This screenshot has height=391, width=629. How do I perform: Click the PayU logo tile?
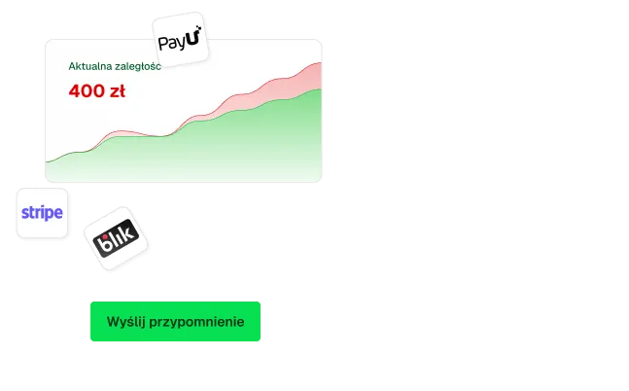[181, 39]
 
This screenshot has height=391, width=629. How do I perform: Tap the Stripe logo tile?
[42, 213]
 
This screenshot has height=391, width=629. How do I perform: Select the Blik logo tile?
[116, 238]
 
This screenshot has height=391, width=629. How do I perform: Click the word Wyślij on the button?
[126, 322]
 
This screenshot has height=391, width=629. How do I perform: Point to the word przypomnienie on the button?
[196, 322]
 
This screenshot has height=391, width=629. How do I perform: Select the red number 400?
[87, 91]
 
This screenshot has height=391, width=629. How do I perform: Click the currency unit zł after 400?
[117, 91]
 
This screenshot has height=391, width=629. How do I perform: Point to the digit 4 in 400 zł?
[75, 91]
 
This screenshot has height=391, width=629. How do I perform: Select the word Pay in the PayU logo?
[172, 44]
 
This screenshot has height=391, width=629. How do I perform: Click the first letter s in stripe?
[24, 212]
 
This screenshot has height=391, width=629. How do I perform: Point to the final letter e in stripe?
[58, 212]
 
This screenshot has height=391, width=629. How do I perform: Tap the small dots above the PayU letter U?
[198, 27]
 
